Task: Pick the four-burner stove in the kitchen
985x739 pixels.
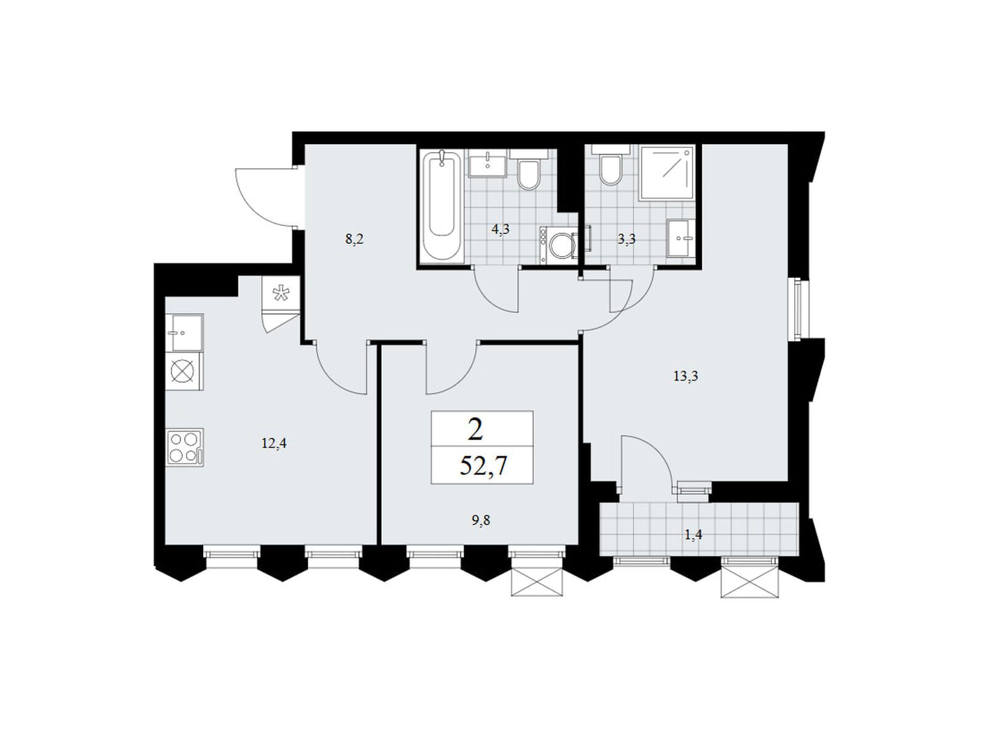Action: coord(185,447)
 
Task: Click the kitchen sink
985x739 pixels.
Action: coord(184,333)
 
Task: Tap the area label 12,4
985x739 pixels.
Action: coord(274,444)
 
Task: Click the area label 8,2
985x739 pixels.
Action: coord(354,240)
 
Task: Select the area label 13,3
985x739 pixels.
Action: coord(686,376)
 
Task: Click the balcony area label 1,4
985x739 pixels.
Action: coord(693,535)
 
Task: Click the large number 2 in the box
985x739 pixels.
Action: coord(475,430)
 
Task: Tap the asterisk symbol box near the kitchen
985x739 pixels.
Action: coord(281,293)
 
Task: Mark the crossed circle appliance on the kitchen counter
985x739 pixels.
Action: coord(185,371)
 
